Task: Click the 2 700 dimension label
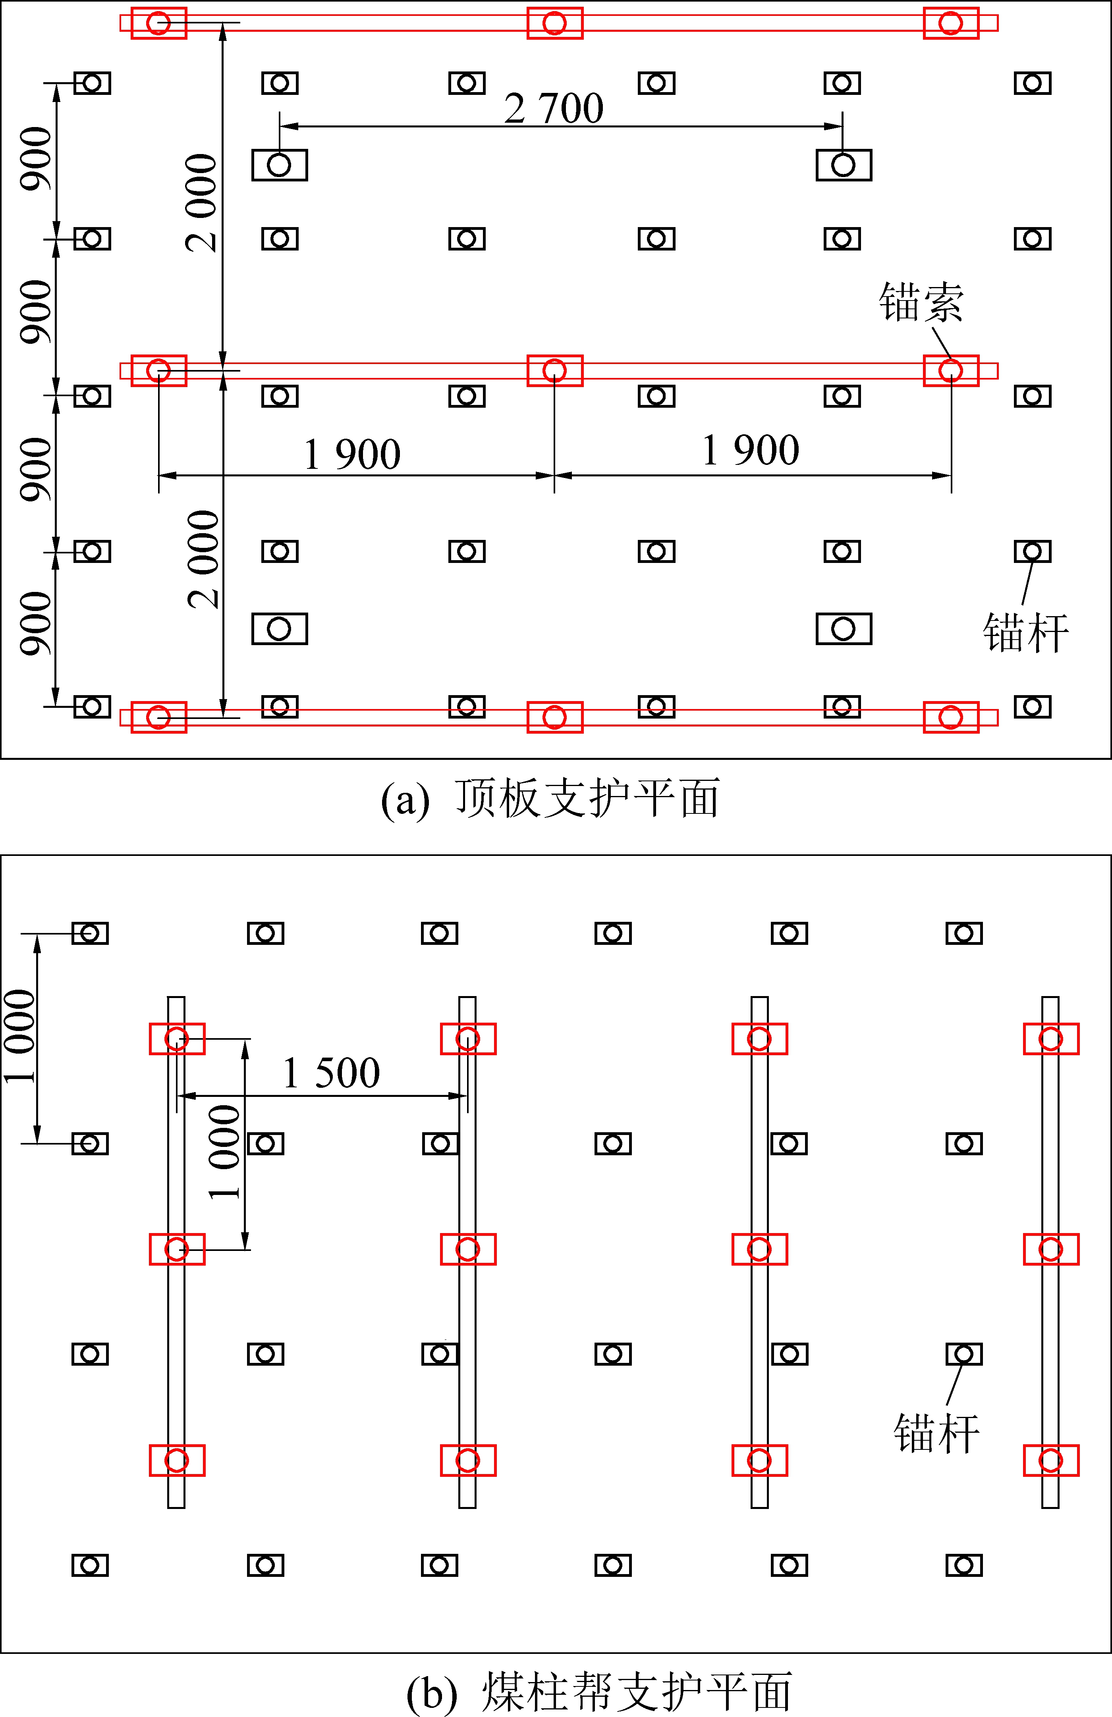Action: pyautogui.click(x=554, y=109)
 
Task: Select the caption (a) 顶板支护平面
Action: pyautogui.click(x=550, y=799)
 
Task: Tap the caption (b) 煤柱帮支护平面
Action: pyautogui.click(x=599, y=1692)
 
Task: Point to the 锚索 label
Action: pyautogui.click(x=921, y=302)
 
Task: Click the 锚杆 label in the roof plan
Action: pyautogui.click(x=1025, y=634)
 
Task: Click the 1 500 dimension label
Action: pyautogui.click(x=331, y=1073)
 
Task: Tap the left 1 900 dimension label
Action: pyautogui.click(x=352, y=455)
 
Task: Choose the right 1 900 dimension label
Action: pyautogui.click(x=751, y=451)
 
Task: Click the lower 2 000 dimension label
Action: pyautogui.click(x=203, y=559)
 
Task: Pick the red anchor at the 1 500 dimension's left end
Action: pyautogui.click(x=177, y=1039)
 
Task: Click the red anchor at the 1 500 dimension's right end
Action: pyautogui.click(x=467, y=1039)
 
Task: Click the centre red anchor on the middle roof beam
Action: pyautogui.click(x=554, y=371)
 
